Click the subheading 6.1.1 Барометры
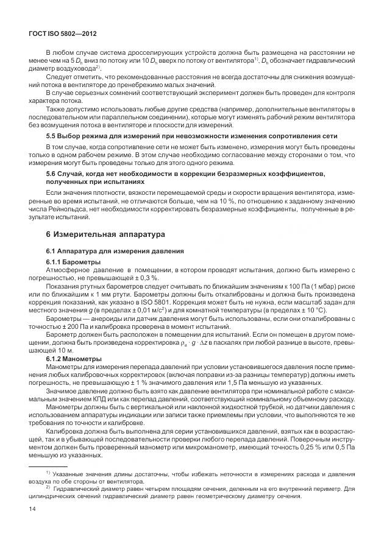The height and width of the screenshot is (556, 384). [76, 261]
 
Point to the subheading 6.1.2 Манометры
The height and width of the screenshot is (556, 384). [76, 358]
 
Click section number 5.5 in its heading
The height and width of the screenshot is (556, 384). [52, 135]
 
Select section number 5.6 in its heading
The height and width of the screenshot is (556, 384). [52, 174]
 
